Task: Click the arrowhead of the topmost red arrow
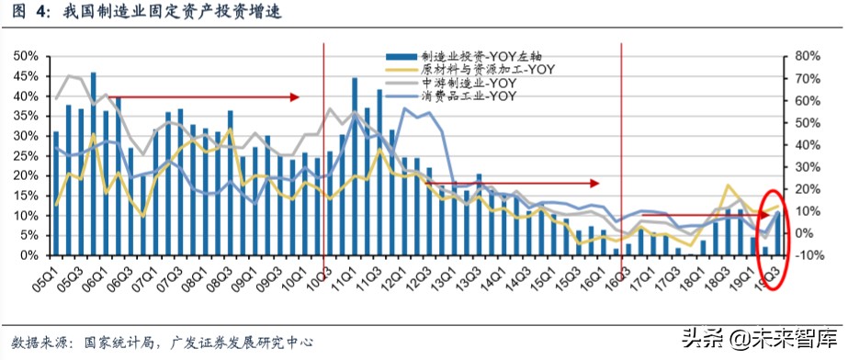[296, 96]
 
